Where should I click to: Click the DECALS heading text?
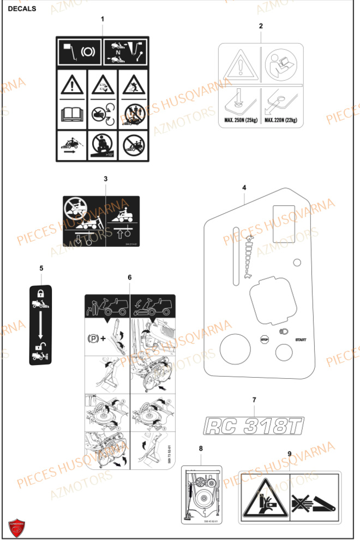pos(22,9)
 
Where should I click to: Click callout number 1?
pos(102,19)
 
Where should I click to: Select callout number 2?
pos(261,26)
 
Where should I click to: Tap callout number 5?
pos(41,268)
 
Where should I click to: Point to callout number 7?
pos(254,400)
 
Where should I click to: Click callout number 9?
pos(289,453)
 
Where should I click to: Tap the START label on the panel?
pos(301,340)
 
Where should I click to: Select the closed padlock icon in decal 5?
pos(40,293)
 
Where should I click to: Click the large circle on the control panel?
pos(235,349)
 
